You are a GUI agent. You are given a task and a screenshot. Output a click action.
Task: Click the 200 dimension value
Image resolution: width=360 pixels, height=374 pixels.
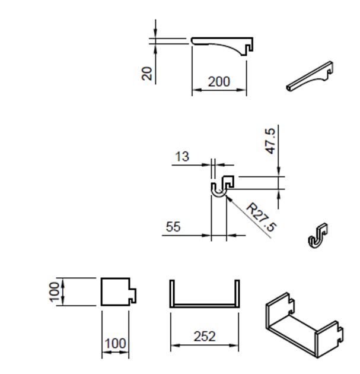click(219, 81)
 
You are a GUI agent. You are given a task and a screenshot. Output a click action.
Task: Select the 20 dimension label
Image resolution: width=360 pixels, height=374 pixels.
click(146, 73)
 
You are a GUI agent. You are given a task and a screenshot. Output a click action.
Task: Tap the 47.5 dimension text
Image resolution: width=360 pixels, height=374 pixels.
click(270, 141)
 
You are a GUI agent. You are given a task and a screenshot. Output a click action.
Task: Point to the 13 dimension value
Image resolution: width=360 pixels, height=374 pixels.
click(182, 157)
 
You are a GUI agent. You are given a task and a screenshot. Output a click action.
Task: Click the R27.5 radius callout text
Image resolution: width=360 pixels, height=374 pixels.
click(262, 217)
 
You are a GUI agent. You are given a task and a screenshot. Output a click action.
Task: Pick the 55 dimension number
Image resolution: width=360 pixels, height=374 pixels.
click(173, 227)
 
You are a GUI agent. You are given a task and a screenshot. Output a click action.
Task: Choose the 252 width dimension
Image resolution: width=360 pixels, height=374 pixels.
click(205, 337)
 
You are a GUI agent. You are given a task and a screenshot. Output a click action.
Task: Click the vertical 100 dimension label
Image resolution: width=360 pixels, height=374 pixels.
click(54, 292)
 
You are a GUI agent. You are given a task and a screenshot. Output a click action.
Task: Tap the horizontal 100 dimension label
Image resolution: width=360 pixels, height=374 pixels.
click(115, 344)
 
